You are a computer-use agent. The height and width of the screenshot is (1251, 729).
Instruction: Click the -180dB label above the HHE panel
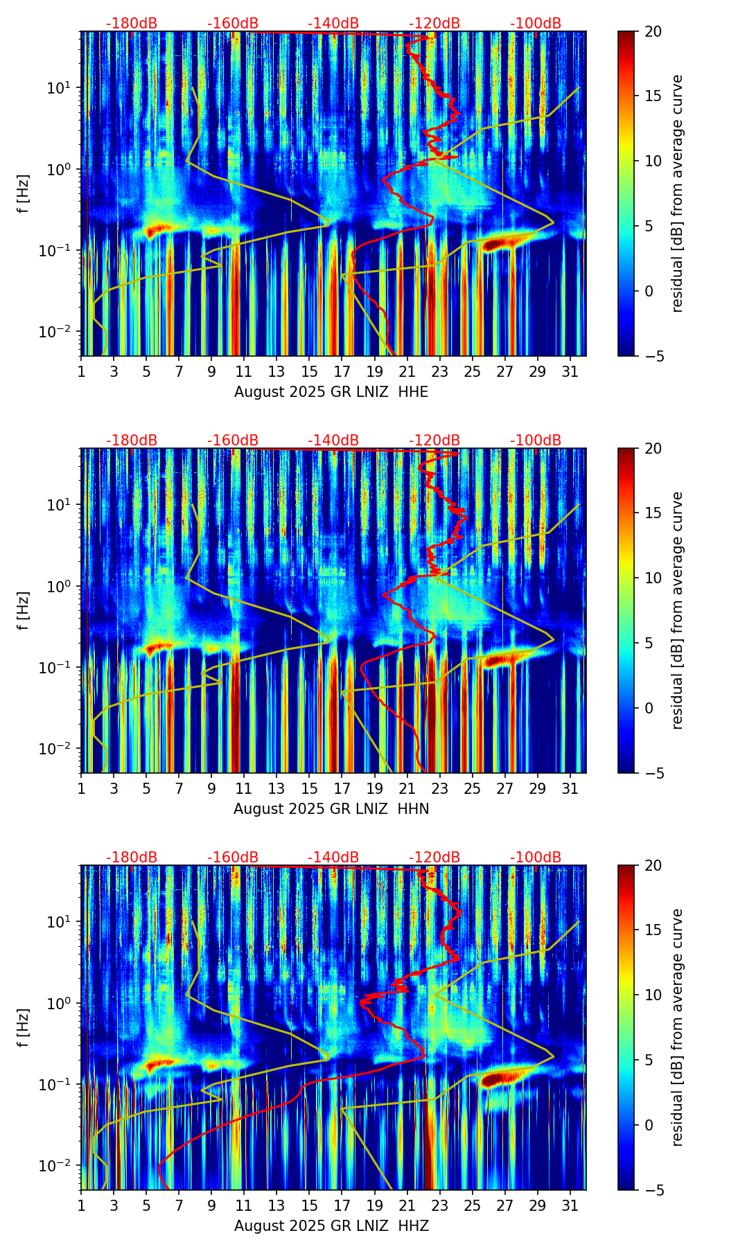tap(132, 24)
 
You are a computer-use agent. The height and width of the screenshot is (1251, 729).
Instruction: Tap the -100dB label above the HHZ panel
tap(536, 858)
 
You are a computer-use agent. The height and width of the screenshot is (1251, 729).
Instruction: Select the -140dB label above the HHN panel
tap(333, 441)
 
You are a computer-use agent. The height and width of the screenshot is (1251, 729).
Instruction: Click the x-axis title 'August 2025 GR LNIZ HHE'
tap(331, 392)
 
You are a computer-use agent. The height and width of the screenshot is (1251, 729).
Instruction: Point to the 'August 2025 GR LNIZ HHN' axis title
tap(331, 809)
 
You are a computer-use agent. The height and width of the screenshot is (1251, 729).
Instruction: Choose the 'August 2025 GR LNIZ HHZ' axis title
tap(331, 1226)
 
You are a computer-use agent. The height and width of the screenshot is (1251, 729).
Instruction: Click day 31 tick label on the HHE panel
tap(570, 371)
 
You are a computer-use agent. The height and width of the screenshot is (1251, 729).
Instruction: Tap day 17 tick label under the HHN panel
tap(342, 788)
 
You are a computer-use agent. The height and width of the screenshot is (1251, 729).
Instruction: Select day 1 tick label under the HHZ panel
tap(81, 1205)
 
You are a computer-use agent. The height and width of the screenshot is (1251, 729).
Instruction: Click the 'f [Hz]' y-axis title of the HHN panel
tap(24, 610)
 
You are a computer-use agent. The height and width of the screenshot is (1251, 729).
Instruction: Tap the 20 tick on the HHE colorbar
tap(653, 32)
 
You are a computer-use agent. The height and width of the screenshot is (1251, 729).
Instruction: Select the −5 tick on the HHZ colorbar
tap(653, 1190)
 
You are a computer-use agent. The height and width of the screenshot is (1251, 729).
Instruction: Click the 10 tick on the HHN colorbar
tap(653, 578)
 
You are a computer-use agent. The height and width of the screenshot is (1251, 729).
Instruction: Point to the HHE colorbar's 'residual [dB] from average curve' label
tap(677, 193)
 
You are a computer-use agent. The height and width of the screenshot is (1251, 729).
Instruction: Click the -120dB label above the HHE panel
tap(434, 24)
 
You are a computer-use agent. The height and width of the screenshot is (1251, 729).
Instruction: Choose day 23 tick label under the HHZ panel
tap(439, 1205)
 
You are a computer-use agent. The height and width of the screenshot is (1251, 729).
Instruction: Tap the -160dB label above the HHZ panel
tap(233, 858)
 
